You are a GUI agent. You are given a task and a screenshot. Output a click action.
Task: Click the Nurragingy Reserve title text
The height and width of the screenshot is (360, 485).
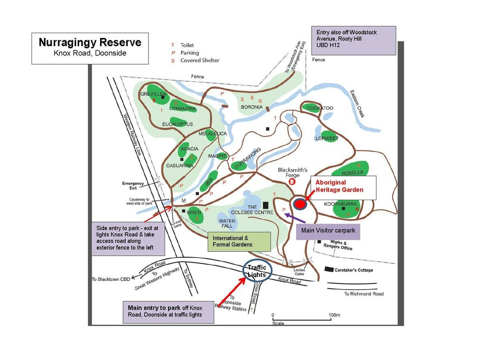[x=90, y=43]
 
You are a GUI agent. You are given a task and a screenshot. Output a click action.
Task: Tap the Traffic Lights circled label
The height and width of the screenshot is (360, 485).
[x=257, y=271]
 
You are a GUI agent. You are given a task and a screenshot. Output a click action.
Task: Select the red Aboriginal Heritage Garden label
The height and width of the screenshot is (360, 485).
[x=339, y=186]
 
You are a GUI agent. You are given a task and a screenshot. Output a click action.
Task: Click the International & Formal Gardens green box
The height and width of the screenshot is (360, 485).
[x=239, y=241]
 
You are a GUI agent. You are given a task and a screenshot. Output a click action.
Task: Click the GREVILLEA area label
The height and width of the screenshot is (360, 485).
[x=153, y=93]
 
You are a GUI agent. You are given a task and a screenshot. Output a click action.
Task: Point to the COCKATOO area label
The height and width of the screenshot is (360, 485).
[x=320, y=108]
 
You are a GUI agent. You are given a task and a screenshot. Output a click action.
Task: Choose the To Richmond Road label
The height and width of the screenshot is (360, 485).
[x=364, y=294]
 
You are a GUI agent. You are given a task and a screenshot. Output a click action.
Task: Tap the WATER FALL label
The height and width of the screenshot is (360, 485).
[x=228, y=224]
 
